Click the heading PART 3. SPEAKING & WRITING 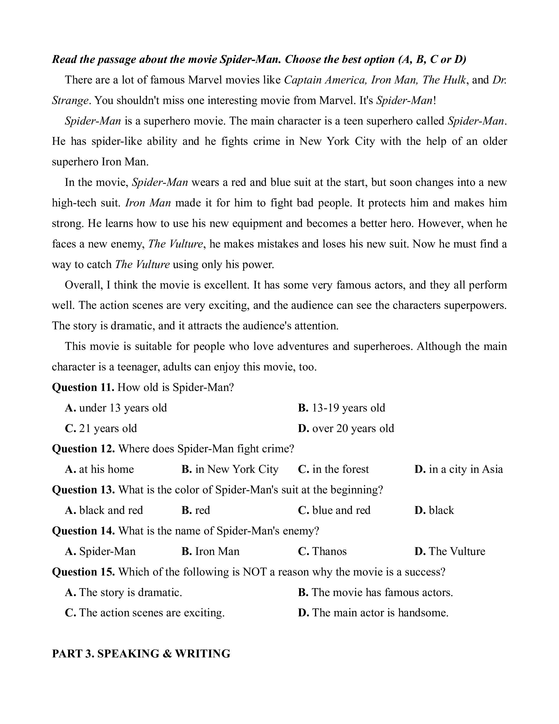pos(141,653)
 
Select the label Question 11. pos(83,387)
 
